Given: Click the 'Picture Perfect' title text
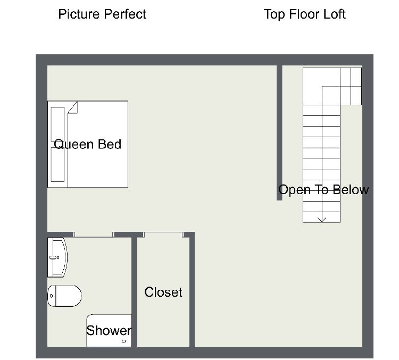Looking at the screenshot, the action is coord(102,14).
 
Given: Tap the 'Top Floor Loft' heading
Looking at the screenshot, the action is coord(305,14).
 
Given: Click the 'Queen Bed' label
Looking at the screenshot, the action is coord(88,145).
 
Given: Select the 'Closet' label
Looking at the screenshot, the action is coord(163,292).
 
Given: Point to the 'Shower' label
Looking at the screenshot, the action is coord(109,331).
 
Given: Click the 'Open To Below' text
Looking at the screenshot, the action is coord(323,190).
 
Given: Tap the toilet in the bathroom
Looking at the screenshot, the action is coord(64,296).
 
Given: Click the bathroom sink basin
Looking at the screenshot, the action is coord(57,257).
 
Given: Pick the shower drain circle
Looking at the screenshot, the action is coord(124,341).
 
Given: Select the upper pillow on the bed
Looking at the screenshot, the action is coord(57,124).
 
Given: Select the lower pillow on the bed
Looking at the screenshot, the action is coord(57,165).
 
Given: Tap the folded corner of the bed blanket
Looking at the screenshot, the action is coord(73,107).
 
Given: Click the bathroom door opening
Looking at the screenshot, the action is coord(94,235).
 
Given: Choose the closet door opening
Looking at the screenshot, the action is coord(163,235).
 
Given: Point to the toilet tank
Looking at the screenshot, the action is coord(52,296).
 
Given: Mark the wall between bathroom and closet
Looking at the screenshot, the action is coord(135,292).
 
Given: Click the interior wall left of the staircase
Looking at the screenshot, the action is coord(279,133).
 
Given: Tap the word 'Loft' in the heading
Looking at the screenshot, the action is coord(335,14).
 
